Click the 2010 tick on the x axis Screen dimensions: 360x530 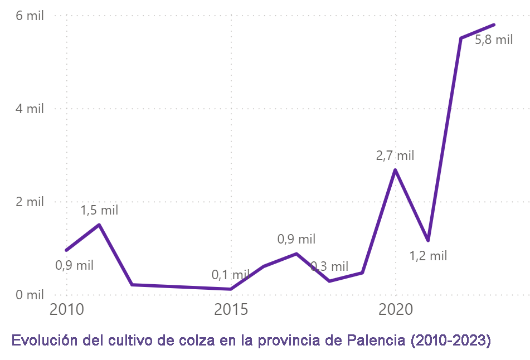coord(66,309)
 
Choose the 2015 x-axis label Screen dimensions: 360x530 coord(231,309)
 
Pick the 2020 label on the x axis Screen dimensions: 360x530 coord(395,309)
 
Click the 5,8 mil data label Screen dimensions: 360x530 coord(494,40)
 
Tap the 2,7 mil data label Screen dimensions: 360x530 coord(395,156)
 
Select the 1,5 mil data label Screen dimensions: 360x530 coord(99,211)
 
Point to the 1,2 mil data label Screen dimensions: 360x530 coord(428,256)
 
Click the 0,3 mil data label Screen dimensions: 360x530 coord(329,267)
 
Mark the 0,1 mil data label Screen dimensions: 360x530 coord(231,275)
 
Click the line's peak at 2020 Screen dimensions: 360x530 coord(395,169)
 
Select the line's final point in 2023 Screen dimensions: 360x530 coord(494,25)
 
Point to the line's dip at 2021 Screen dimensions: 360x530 coord(428,240)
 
